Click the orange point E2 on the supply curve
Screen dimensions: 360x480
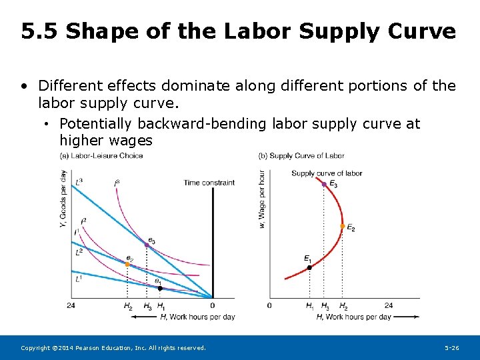click(342, 226)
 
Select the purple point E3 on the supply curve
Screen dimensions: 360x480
click(324, 183)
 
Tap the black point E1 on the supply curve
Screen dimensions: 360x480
click(309, 268)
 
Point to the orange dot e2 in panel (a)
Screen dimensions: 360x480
click(127, 264)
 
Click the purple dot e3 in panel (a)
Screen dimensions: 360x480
click(147, 245)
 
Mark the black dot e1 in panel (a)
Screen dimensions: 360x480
click(159, 289)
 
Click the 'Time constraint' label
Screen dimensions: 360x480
click(209, 183)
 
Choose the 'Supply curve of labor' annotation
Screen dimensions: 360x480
click(327, 173)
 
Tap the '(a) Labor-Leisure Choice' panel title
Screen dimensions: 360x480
click(101, 156)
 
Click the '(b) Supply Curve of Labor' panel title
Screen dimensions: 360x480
click(301, 156)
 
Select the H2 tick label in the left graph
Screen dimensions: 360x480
click(127, 306)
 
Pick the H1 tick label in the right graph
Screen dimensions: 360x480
click(310, 306)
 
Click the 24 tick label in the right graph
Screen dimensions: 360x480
click(389, 306)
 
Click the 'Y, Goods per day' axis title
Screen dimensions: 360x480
click(63, 198)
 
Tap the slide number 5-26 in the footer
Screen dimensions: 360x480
click(452, 348)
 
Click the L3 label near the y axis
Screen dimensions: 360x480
click(79, 181)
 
